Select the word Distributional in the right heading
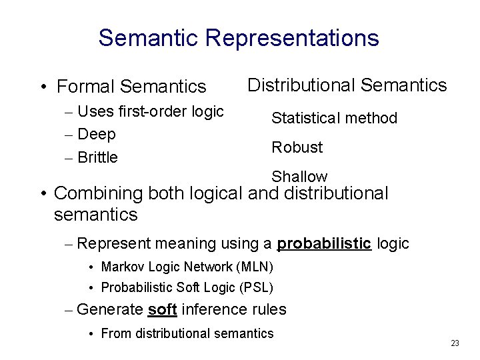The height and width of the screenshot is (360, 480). click(x=301, y=85)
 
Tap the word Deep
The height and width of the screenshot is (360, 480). click(x=97, y=134)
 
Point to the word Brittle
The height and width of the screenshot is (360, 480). click(x=97, y=157)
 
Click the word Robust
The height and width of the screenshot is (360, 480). click(x=297, y=147)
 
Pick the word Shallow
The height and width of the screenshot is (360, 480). click(x=299, y=177)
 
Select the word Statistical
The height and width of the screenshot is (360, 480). click(x=301, y=119)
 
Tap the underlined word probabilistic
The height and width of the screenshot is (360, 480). click(x=324, y=244)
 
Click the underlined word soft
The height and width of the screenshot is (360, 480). click(x=162, y=309)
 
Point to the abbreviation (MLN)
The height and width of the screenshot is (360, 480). click(x=255, y=267)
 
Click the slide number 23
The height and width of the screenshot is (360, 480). click(x=455, y=343)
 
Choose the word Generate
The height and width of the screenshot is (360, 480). click(x=110, y=309)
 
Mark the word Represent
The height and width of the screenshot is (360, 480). click(x=113, y=244)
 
